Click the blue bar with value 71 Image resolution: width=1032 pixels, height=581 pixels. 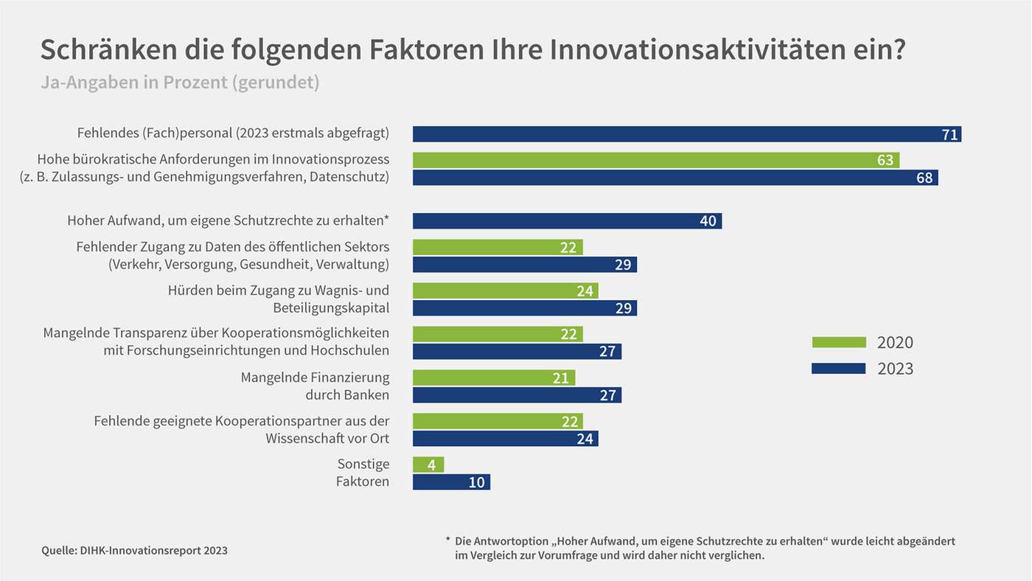(686, 134)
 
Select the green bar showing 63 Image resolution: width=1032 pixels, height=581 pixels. (655, 160)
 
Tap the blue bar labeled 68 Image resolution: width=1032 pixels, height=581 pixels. (674, 178)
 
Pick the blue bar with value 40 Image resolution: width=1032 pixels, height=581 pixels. (567, 221)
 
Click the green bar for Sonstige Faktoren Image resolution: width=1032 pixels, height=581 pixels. (428, 465)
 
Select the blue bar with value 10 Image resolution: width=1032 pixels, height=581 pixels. (451, 482)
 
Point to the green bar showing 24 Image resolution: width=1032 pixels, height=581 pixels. (505, 290)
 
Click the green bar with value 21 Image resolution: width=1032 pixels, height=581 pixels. (493, 378)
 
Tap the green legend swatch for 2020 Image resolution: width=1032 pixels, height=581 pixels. (839, 342)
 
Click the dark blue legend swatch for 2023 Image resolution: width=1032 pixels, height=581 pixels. (839, 368)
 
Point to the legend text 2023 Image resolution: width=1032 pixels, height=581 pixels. (895, 368)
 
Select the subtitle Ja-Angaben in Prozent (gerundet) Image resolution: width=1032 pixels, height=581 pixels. (180, 82)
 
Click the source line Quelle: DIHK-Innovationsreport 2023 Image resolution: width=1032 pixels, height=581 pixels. (134, 550)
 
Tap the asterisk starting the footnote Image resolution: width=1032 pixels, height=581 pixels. (447, 540)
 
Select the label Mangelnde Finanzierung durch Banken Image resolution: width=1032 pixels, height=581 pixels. (315, 386)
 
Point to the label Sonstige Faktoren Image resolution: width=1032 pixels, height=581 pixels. (363, 473)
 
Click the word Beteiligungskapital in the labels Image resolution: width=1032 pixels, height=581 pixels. (331, 307)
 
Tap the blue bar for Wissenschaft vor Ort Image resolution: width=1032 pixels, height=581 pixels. (505, 439)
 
